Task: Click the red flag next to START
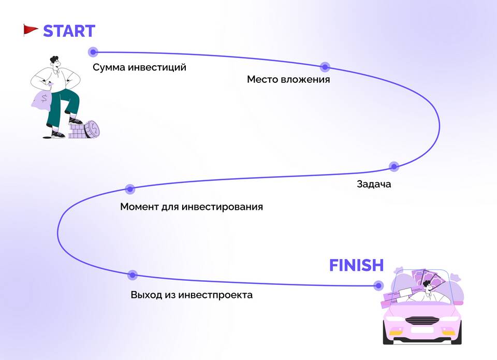pos(31,30)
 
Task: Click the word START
pos(69,31)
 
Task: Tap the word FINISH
pos(356,266)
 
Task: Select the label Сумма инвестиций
pos(139,67)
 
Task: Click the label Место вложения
pos(288,80)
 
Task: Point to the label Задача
pos(374,184)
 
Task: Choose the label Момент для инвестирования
pos(192,207)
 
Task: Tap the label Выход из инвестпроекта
pos(192,295)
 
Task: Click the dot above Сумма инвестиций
pos(93,52)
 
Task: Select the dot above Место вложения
pos(325,67)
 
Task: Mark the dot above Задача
pos(394,166)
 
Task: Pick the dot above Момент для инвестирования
pos(130,189)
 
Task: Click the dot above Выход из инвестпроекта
pos(132,275)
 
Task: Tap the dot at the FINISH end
pos(378,285)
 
